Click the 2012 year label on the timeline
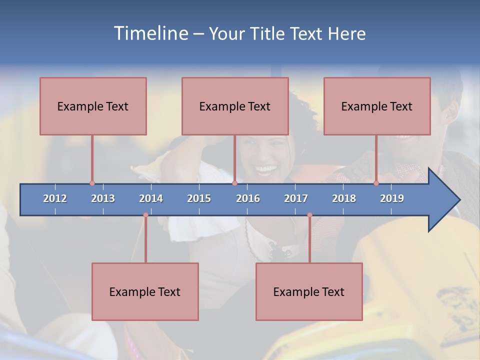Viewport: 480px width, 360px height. coord(55,198)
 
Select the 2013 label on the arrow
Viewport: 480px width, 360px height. coord(103,198)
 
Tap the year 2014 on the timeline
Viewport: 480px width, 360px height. coord(151,198)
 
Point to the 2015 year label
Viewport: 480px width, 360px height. coord(199,198)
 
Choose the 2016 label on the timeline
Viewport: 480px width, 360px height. coord(248,198)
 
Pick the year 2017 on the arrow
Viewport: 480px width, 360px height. coord(296,198)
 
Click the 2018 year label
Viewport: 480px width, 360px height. coord(344,198)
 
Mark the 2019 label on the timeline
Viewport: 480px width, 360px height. coord(392,198)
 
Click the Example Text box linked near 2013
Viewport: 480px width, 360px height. coord(93,106)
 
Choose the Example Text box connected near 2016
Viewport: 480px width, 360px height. coord(235,106)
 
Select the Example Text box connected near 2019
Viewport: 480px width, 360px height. coord(377,106)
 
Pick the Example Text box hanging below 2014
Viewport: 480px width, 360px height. coord(145,291)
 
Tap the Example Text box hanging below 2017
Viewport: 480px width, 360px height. coord(309,291)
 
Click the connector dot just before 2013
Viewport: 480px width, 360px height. coord(92,183)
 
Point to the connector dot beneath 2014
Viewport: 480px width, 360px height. coord(145,215)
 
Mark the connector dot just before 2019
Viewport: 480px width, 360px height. coord(376,183)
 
